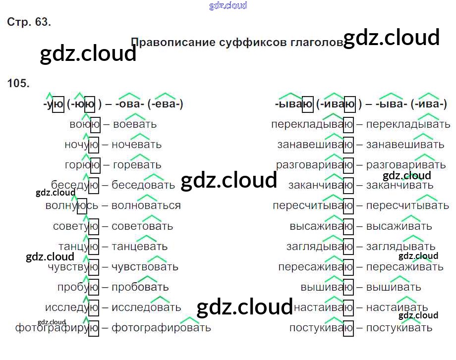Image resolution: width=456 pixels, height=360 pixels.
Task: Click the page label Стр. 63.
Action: [x=29, y=22]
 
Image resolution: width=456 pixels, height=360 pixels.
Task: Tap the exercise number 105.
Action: [x=18, y=83]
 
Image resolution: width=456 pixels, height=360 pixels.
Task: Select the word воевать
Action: [x=135, y=124]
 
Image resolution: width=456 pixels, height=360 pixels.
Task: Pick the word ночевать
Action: [x=136, y=145]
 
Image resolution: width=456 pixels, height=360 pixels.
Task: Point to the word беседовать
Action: [x=143, y=185]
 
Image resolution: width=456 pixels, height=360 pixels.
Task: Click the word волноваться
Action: [x=146, y=206]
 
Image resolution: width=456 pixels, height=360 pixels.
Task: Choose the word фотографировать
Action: [x=161, y=328]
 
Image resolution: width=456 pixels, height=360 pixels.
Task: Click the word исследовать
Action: [x=146, y=308]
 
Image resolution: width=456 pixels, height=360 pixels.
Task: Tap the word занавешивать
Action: [x=405, y=145]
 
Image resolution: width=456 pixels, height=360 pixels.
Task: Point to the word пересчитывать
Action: [x=401, y=206]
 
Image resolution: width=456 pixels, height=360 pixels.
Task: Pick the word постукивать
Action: [x=399, y=328]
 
